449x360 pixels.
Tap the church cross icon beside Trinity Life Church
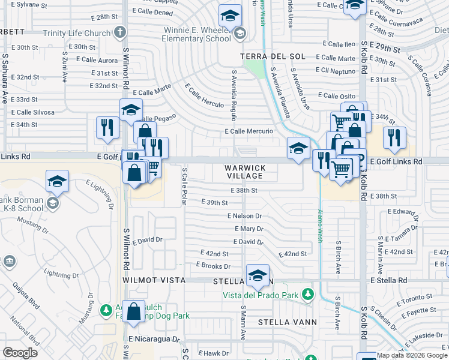point(120,31)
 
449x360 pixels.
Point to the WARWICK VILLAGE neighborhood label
point(245,172)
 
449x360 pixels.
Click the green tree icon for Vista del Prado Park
point(308,294)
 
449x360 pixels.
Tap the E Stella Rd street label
point(388,280)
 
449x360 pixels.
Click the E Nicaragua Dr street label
point(154,339)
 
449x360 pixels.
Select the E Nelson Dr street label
point(245,216)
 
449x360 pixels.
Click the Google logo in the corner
point(20,353)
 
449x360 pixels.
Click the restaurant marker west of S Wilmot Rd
point(107,127)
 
